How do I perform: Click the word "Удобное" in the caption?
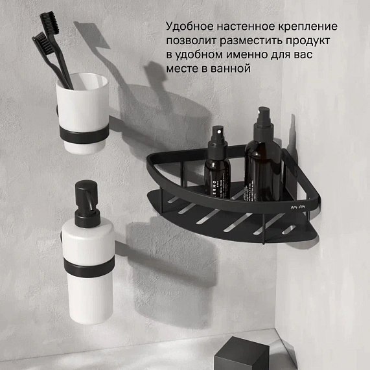coord(186,27)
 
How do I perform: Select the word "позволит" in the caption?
coord(188,41)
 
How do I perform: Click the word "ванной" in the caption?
coord(229,68)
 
